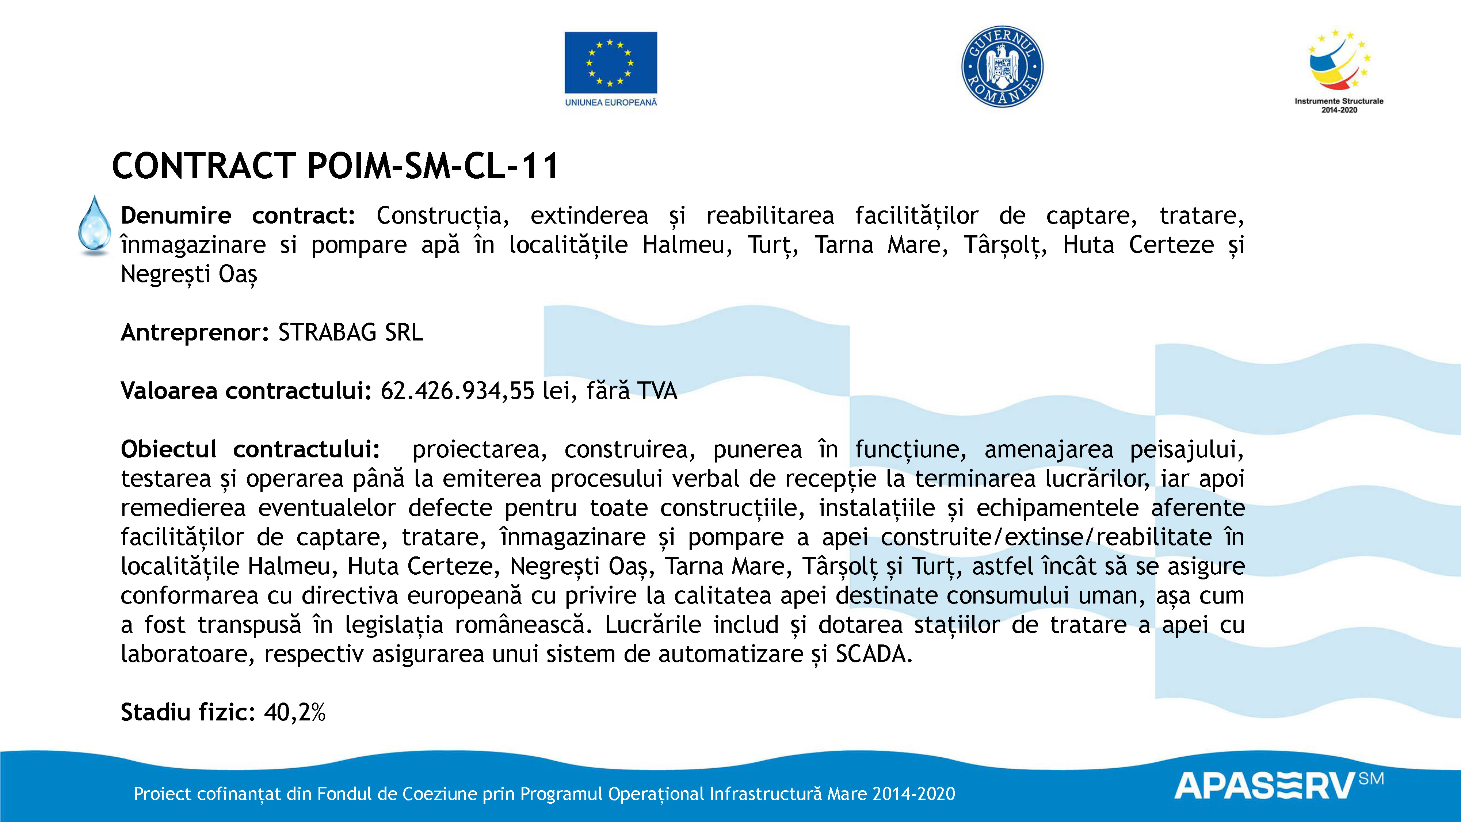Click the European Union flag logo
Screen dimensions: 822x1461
pyautogui.click(x=611, y=62)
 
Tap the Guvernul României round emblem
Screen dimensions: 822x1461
pyautogui.click(x=1002, y=66)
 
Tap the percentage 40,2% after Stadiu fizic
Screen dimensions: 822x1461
pyautogui.click(x=294, y=712)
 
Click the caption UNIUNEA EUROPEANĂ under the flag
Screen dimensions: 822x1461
pyautogui.click(x=611, y=103)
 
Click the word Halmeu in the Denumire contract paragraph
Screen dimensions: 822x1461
pyautogui.click(x=686, y=245)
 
